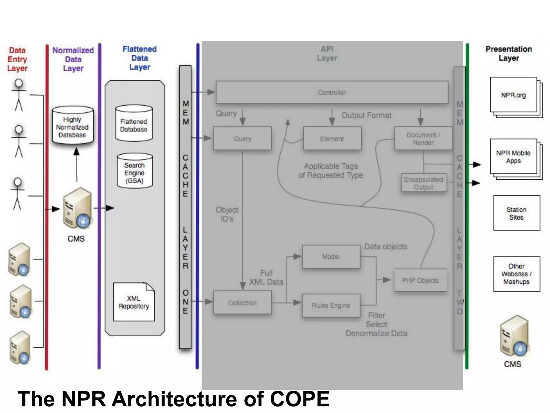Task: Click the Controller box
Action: (332, 92)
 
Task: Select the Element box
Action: (332, 138)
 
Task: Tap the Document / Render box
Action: (423, 138)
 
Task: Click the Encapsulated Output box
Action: (424, 183)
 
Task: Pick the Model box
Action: (331, 257)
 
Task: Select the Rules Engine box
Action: (331, 305)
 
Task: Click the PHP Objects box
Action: (420, 280)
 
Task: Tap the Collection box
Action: (242, 303)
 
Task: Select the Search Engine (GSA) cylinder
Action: (135, 172)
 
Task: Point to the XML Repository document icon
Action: (134, 302)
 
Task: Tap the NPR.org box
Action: (513, 95)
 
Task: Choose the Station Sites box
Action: (516, 213)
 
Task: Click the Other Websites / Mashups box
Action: (516, 274)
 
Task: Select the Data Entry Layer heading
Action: (17, 59)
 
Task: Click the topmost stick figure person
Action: (19, 95)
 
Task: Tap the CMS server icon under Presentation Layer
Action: (514, 336)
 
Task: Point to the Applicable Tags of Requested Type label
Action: (331, 170)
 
